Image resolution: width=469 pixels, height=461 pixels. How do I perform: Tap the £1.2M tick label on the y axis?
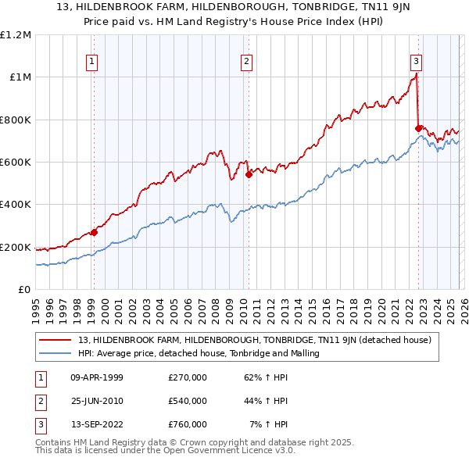click(16, 35)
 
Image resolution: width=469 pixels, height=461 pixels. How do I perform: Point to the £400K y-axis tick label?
click(16, 205)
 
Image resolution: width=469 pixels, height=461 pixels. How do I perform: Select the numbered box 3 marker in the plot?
click(417, 62)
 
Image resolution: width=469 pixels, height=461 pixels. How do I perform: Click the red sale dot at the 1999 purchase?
click(94, 232)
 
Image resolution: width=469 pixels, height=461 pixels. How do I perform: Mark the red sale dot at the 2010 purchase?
click(249, 175)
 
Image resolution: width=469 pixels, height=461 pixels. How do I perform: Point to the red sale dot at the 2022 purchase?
click(419, 128)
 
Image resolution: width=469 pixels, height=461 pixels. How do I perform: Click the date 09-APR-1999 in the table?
click(97, 377)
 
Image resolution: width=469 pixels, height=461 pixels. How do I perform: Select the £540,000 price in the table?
click(187, 401)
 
